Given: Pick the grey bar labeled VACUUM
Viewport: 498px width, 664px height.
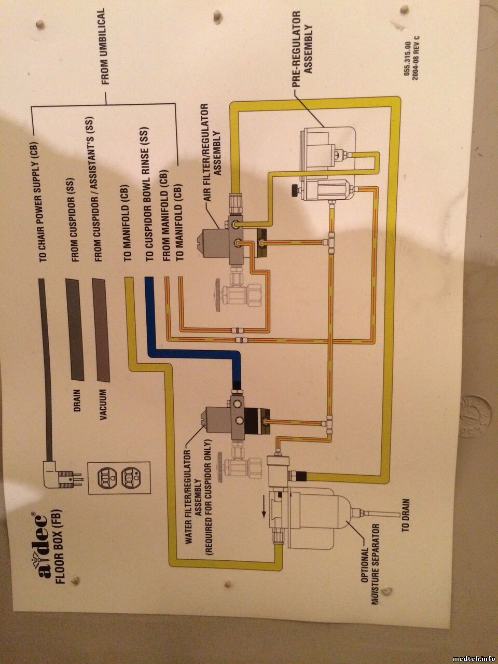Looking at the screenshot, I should [x=101, y=329].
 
